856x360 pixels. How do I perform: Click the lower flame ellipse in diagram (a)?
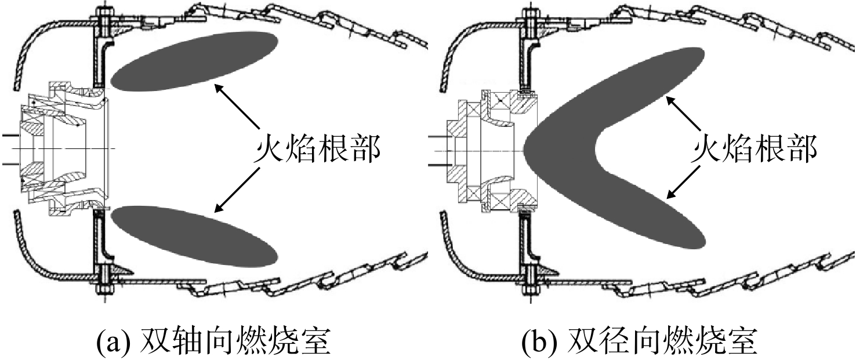tap(194, 236)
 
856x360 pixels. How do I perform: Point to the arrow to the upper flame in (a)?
tap(237, 107)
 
